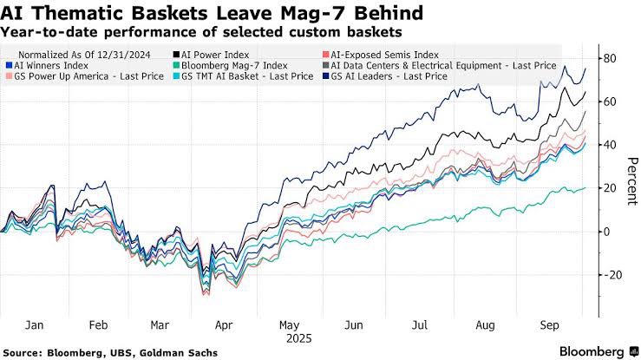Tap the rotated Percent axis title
(x=632, y=180)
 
